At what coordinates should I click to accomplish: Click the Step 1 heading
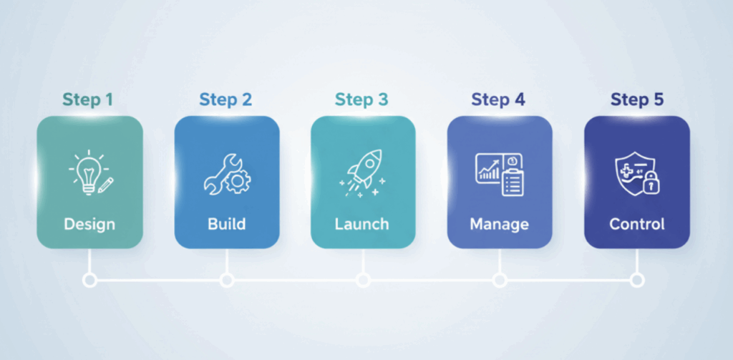coord(87,100)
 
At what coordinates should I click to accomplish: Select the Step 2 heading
coord(225,100)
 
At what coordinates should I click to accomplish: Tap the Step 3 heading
coord(362,100)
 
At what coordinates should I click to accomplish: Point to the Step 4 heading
coord(498,100)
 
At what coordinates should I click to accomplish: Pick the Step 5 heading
coord(636,100)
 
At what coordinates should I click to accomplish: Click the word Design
coord(89,224)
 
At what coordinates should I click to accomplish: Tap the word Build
coord(226,224)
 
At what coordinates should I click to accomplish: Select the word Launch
coord(362,224)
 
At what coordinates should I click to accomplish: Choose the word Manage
coord(499,224)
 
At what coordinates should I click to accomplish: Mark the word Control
coord(636,224)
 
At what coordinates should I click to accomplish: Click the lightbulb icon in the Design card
coord(86,172)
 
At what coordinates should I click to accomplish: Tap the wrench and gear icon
coord(226,174)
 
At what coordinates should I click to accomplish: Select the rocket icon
coord(363,172)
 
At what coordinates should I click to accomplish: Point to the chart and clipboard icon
coord(499,174)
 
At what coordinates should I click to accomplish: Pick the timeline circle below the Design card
coord(89,280)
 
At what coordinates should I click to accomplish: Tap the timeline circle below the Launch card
coord(363,280)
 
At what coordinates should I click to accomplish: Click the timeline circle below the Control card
coord(636,280)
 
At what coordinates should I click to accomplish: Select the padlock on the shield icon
coord(650,185)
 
